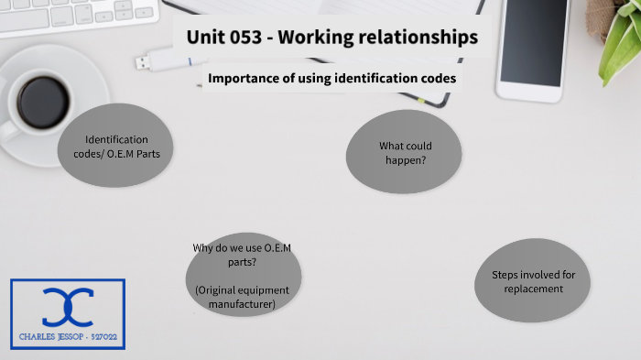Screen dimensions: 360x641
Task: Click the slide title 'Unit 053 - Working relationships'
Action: coord(331,38)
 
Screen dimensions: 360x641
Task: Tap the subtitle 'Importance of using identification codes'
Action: coord(331,79)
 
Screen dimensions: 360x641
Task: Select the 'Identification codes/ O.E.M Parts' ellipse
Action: coord(116,147)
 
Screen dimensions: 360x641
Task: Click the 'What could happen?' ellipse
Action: coord(404,152)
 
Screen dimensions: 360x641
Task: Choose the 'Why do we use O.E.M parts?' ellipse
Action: coord(243,276)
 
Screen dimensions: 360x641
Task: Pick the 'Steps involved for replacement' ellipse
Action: coord(532,282)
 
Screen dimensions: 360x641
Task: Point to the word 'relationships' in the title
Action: coord(420,38)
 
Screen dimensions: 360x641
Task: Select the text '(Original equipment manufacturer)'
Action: coord(243,296)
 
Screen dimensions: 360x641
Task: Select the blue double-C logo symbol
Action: coord(69,307)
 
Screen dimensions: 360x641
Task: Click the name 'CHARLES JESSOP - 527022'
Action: coord(69,337)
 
